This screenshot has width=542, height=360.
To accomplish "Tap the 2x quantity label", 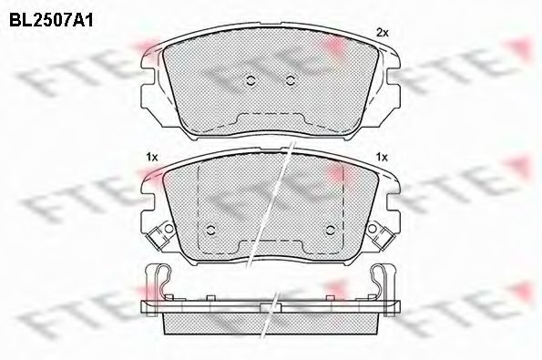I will coord(383,33).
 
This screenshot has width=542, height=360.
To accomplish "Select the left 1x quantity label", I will coord(151,157).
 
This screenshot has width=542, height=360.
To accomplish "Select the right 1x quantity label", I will coord(383,157).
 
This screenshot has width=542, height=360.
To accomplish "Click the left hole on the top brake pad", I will coord(249,79).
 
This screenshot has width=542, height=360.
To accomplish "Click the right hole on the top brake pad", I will coord(290,79).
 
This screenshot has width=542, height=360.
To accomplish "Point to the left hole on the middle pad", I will coord(210,228).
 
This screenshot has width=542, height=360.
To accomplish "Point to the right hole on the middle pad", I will coord(328,228).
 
